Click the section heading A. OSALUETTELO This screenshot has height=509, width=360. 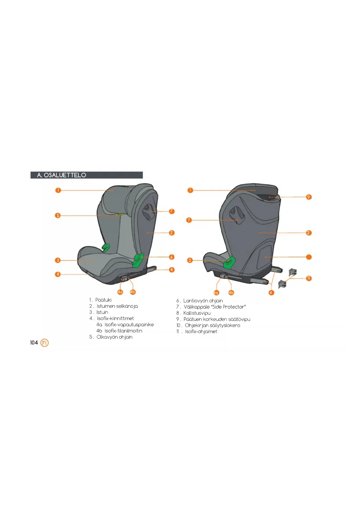click(x=61, y=175)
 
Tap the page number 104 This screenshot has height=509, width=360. click(x=34, y=343)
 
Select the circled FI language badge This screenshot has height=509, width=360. click(x=44, y=343)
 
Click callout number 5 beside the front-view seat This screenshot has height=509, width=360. click(x=58, y=215)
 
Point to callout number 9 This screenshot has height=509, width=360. click(x=309, y=197)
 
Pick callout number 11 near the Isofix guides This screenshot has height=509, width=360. click(x=309, y=278)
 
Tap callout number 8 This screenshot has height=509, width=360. click(x=58, y=274)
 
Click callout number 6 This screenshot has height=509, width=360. click(x=172, y=257)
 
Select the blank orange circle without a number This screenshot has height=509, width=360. click(x=309, y=257)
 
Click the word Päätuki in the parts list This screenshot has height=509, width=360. click(x=103, y=300)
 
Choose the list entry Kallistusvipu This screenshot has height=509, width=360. click(x=197, y=313)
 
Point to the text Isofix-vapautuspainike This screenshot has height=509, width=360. click(x=129, y=325)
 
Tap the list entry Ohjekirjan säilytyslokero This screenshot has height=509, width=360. click(x=213, y=325)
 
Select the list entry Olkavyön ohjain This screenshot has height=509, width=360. click(x=115, y=337)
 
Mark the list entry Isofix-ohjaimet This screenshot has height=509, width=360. click(x=201, y=331)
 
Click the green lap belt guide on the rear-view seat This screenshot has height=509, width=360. click(x=229, y=263)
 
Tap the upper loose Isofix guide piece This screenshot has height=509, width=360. click(x=293, y=272)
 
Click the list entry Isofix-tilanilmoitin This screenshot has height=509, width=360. click(x=123, y=331)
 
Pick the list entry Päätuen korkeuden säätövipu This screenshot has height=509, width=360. click(x=217, y=319)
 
